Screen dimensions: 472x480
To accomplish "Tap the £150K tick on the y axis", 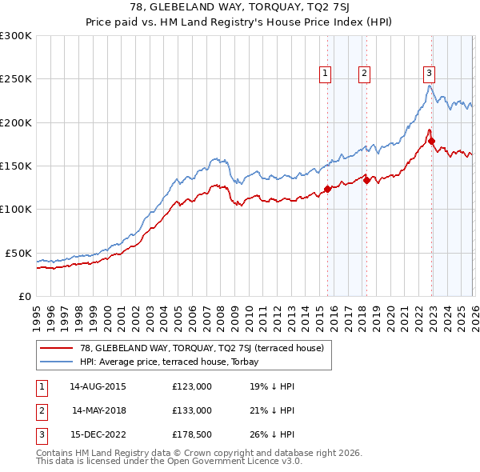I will click(16, 166).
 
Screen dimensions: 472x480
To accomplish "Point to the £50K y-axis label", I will click(18, 253).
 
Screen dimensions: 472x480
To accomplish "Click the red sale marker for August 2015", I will click(327, 190).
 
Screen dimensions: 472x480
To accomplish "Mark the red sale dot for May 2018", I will click(366, 181).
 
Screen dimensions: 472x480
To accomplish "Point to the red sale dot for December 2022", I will click(432, 142).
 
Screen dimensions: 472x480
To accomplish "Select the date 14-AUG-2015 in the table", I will click(97, 386).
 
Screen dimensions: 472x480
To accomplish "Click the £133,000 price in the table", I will click(192, 410).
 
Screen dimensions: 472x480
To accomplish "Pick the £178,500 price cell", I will click(192, 436).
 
